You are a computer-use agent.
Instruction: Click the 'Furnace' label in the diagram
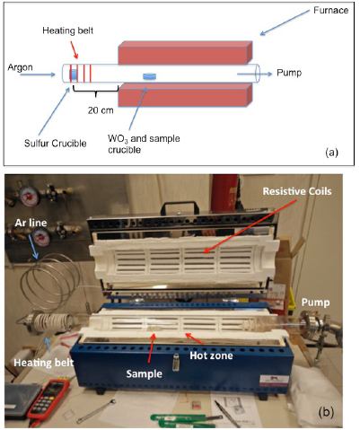(x=330, y=11)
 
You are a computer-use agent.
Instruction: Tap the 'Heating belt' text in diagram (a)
(x=67, y=31)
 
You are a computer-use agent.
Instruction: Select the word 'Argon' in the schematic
(x=20, y=67)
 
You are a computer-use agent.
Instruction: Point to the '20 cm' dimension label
(x=101, y=110)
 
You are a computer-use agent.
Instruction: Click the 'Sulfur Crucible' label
(x=56, y=144)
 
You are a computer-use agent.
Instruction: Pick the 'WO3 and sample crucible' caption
(x=144, y=144)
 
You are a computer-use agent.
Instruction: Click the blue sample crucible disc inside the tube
(x=149, y=76)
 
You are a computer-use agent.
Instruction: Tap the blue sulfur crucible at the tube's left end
(x=74, y=75)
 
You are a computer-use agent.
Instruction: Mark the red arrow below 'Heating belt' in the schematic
(x=75, y=49)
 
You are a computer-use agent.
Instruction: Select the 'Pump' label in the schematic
(x=289, y=73)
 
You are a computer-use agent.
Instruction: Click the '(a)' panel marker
(x=331, y=153)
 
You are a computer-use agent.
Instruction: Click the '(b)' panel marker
(x=326, y=412)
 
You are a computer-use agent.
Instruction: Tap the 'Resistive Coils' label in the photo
(x=297, y=191)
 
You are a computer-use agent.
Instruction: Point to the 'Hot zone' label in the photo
(x=211, y=355)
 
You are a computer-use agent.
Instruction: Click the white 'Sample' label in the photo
(x=144, y=373)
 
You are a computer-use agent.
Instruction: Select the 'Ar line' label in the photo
(x=31, y=223)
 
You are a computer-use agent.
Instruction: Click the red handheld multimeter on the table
(x=48, y=399)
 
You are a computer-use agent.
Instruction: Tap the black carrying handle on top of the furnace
(x=180, y=207)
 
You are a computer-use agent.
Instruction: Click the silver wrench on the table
(x=96, y=411)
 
